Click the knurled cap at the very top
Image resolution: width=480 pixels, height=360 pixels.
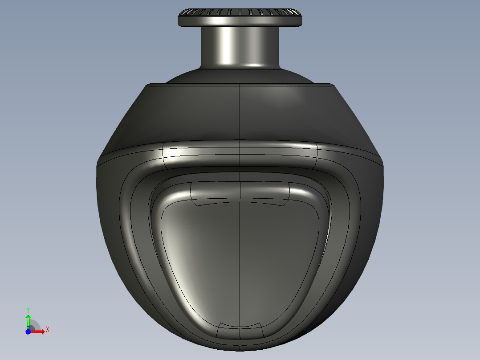[240, 16]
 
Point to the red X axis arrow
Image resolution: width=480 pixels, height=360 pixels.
[39, 331]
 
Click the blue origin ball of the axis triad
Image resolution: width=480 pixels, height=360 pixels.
[28, 331]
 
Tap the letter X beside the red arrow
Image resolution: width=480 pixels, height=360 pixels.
[47, 330]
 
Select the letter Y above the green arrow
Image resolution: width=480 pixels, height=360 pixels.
[28, 309]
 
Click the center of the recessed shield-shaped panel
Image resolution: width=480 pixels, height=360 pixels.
[240, 258]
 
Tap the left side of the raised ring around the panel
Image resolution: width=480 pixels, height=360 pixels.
[134, 232]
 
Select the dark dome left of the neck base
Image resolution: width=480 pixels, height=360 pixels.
[187, 76]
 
